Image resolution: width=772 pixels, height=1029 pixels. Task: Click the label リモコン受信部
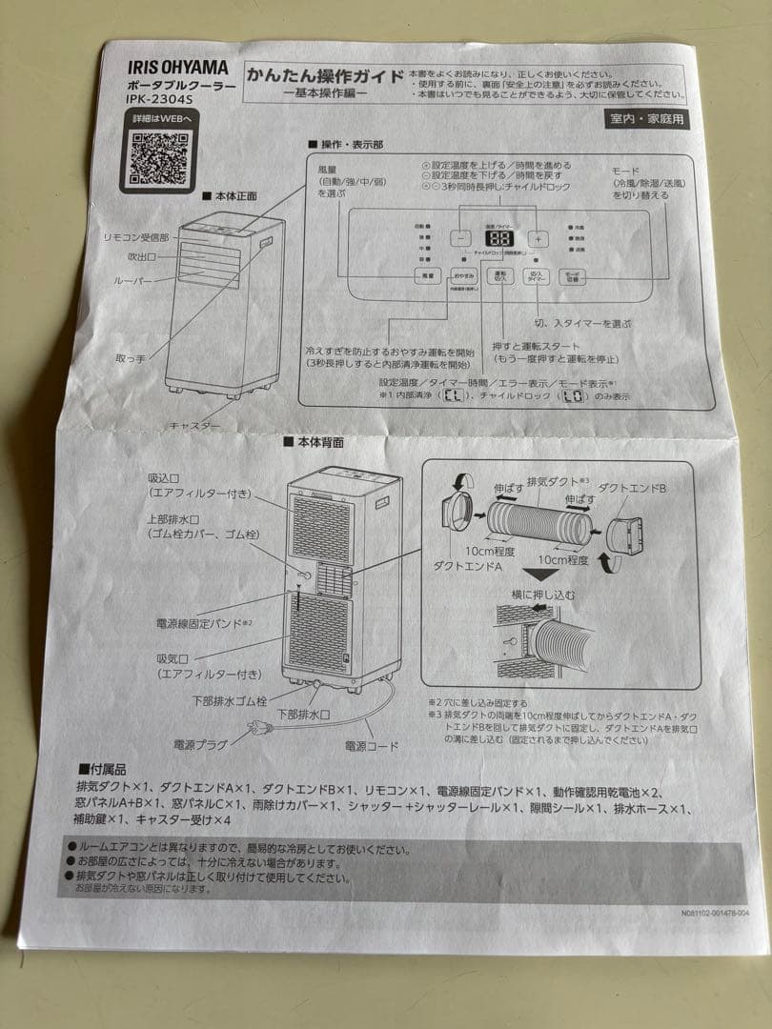135,236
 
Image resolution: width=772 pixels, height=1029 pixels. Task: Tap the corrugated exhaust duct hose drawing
538,525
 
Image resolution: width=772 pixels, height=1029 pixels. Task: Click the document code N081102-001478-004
715,913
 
